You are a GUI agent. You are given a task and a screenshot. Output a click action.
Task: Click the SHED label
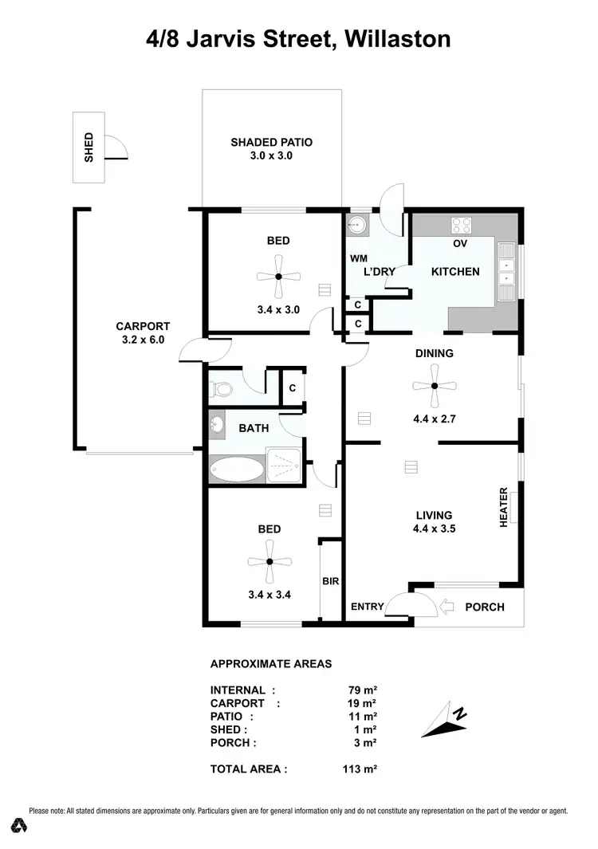(x=89, y=148)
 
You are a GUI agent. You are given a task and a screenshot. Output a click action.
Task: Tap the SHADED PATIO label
(x=271, y=149)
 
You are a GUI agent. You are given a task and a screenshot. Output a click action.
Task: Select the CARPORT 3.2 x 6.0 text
(x=143, y=332)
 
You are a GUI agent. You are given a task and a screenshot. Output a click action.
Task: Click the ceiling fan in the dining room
(x=435, y=386)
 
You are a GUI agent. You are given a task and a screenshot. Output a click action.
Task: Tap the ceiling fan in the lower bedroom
(x=269, y=561)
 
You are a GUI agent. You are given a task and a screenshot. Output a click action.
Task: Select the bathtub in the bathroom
(x=237, y=469)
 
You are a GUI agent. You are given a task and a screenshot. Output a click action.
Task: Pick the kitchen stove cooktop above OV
(x=461, y=225)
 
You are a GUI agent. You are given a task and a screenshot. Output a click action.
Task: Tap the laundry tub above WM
(x=356, y=226)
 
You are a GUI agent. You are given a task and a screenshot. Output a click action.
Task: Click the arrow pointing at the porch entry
(x=447, y=607)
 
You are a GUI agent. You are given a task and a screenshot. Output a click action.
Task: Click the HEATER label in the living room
(x=504, y=507)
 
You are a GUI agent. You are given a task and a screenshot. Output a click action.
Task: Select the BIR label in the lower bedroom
(x=331, y=582)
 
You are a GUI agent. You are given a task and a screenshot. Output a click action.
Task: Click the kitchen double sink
(x=506, y=266)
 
